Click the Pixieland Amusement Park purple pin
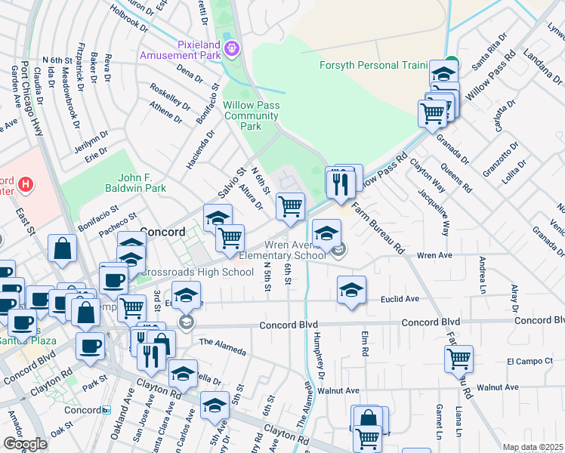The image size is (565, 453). (232, 48)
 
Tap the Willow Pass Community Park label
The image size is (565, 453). (252, 116)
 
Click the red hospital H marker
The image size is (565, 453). (26, 183)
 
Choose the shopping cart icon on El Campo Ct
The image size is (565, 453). (458, 359)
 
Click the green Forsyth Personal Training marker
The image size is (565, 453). (451, 64)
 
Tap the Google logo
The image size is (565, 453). (25, 443)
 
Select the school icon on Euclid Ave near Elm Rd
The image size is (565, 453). (351, 289)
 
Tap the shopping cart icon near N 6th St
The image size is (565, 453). (290, 206)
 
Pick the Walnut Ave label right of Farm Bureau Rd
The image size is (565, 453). (499, 387)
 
